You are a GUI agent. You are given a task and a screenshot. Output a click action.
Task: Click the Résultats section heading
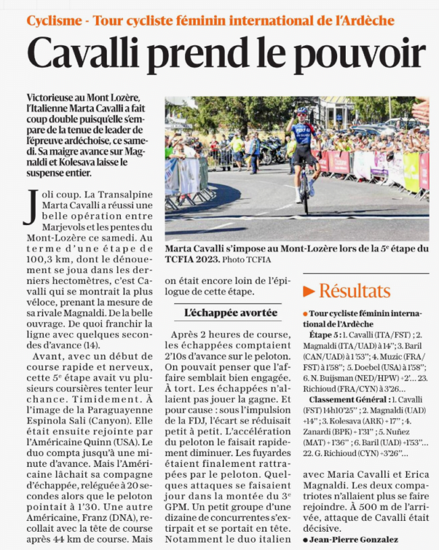tap(354, 291)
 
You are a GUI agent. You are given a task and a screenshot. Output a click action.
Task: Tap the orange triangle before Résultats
tap(309, 291)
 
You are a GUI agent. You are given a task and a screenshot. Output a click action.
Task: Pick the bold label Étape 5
tap(324, 334)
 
